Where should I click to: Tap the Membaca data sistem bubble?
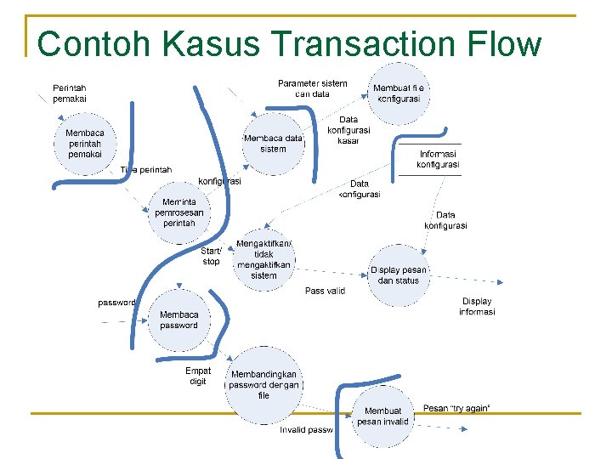tap(273, 143)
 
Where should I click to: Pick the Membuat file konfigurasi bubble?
tap(397, 93)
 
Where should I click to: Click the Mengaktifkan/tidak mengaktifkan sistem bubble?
tap(264, 259)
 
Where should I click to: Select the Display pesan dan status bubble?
tap(399, 275)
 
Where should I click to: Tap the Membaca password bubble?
tap(178, 320)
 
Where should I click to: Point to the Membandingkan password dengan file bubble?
tap(263, 384)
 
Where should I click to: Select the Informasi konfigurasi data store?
tap(439, 159)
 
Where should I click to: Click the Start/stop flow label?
tap(211, 256)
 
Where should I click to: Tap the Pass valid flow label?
tap(326, 291)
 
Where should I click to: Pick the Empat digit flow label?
tap(198, 376)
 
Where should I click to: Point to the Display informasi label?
tap(477, 306)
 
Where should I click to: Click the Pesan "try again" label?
tap(456, 409)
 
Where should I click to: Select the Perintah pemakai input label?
tap(69, 93)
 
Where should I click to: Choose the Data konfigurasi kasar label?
tap(348, 130)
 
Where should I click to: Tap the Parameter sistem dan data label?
tap(313, 88)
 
